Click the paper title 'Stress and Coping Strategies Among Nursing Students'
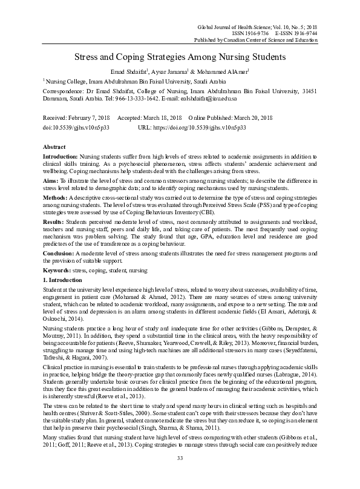pyautogui.click(x=180, y=58)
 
